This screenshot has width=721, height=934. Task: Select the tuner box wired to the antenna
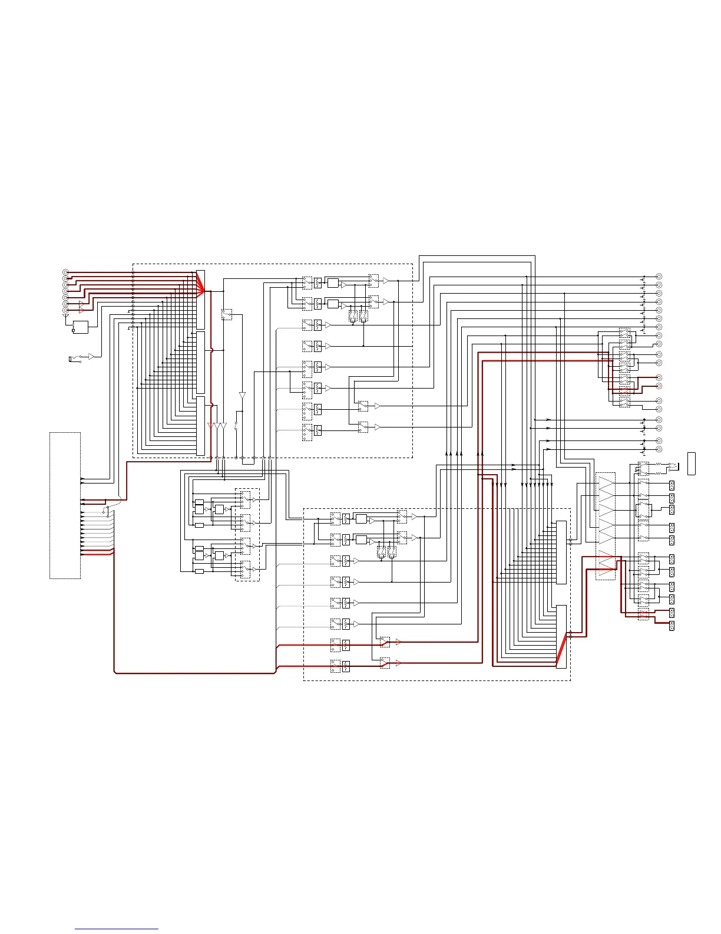pos(80,327)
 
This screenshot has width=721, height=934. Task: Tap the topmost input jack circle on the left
pos(65,272)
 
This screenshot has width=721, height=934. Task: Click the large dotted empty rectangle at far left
pos(65,505)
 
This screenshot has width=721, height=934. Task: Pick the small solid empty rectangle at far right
pos(692,463)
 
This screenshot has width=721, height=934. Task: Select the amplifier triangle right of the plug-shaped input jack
pos(91,357)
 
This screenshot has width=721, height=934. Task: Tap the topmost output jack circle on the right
pos(659,277)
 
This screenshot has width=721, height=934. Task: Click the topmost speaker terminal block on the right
pos(672,485)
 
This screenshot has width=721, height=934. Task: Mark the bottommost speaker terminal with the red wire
pos(672,613)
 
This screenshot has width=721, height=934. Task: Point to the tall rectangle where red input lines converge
pos(200,300)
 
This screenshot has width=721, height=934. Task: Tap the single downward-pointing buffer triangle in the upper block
pos(242,396)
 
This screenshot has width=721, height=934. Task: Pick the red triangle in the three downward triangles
pos(211,426)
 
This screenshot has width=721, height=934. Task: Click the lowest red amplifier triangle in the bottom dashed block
pos(398,663)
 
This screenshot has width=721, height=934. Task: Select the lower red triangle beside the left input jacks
pos(81,310)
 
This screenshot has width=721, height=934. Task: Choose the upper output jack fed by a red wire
pos(659,377)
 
